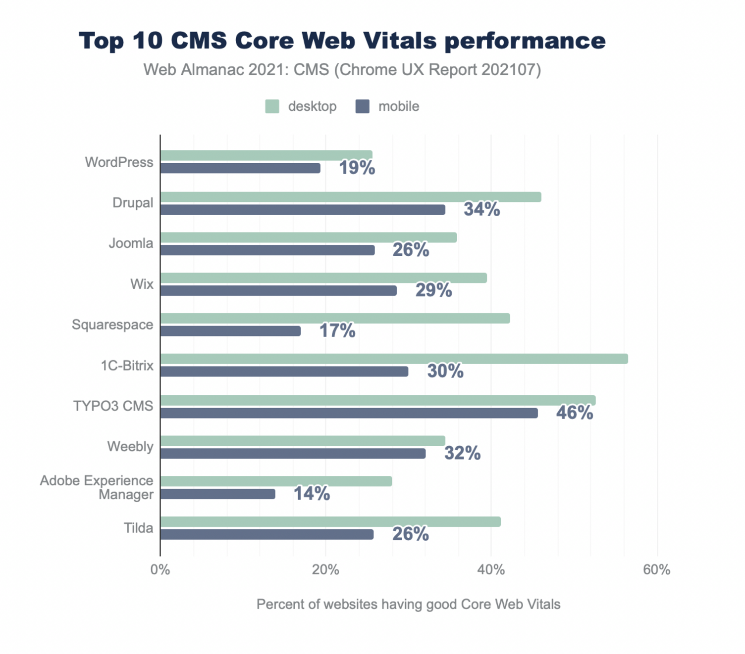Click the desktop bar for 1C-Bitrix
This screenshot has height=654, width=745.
394,359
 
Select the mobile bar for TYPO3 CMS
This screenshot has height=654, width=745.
349,413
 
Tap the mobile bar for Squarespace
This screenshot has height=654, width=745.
230,331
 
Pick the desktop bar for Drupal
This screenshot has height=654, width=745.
351,197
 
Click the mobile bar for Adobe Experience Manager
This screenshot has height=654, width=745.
217,494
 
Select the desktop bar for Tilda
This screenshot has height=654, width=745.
330,521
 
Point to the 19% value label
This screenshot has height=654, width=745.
357,168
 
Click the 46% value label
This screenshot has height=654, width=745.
574,412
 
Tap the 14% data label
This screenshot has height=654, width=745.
312,493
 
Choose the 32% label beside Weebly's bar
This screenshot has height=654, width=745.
462,453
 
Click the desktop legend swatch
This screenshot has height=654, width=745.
272,106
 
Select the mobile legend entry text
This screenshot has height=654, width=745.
398,106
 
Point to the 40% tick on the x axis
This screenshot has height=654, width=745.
491,570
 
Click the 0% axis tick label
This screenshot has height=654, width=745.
160,570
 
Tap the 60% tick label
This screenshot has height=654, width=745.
656,570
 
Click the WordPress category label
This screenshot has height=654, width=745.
119,162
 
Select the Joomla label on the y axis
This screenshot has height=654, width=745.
131,243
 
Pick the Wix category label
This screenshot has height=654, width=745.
142,284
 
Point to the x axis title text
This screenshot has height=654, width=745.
408,604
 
